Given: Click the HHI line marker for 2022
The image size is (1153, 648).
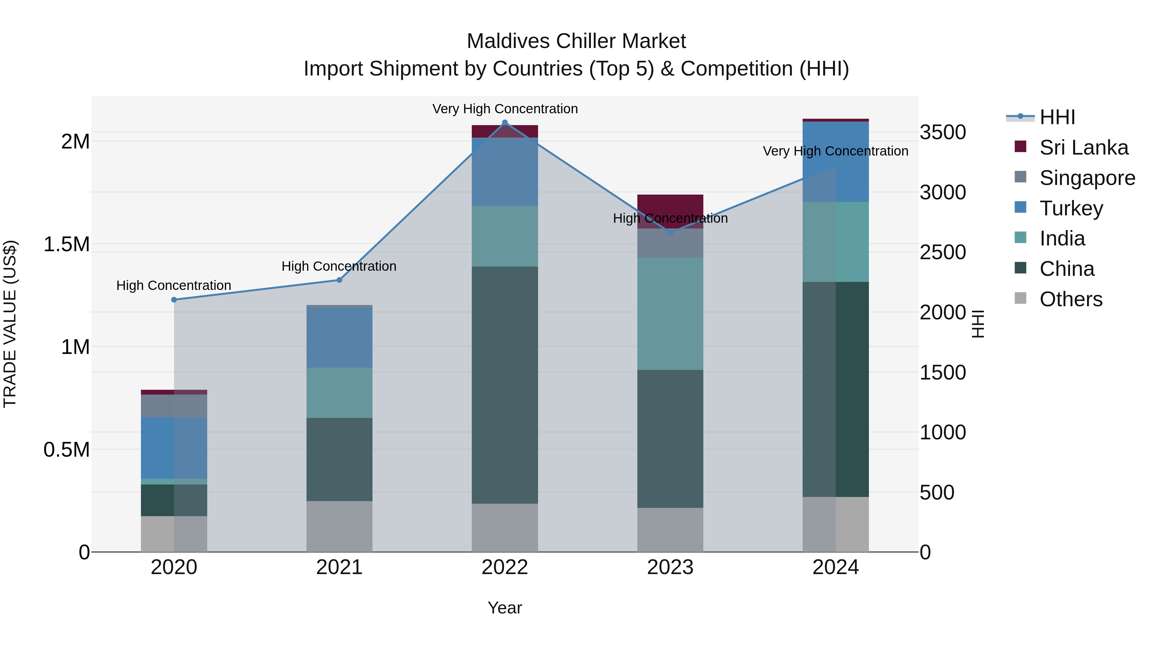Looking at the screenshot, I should point(504,123).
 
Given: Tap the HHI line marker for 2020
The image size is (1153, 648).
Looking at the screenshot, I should point(174,300).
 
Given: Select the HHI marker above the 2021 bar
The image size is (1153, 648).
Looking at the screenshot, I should point(339,280).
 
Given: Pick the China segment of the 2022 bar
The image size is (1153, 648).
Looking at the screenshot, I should point(504,385).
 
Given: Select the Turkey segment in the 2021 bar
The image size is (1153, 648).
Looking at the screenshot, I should point(339,338).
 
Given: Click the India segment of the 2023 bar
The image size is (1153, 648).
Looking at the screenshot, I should point(670,313).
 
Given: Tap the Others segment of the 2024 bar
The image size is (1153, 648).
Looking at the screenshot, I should point(835,524).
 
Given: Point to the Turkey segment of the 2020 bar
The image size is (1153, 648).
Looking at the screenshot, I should point(174,447).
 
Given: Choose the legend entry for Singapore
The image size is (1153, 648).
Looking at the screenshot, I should point(1087,178).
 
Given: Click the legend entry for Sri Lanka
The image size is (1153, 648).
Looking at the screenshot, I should point(1083,147).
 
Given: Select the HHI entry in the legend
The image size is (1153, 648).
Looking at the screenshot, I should point(1057,117).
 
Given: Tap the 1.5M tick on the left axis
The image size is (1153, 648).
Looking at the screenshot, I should point(66,244).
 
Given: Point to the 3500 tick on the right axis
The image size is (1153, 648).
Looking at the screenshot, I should point(943,132).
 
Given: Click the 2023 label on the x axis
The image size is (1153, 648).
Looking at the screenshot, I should point(670,567).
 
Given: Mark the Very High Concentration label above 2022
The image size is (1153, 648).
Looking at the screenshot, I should point(504,109).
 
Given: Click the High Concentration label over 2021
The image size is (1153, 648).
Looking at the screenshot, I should point(339,266).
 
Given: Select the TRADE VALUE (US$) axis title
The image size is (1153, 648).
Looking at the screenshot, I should point(10,324).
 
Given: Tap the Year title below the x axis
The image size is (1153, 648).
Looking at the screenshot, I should point(504,608).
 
